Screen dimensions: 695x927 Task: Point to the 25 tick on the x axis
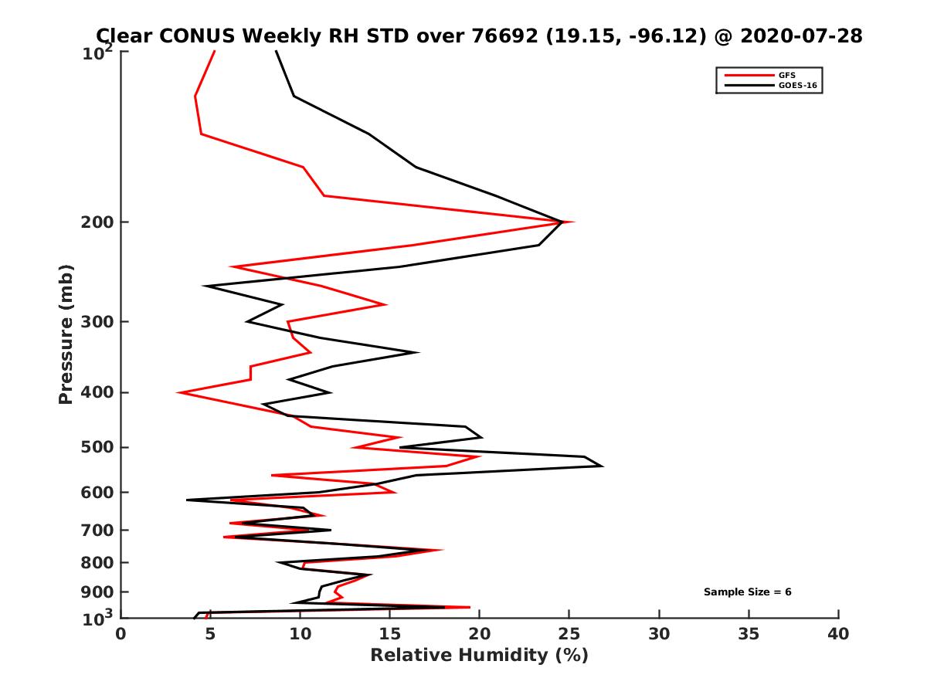[x=569, y=634]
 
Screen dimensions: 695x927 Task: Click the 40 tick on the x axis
[x=838, y=634]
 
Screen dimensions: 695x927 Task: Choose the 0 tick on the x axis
[x=121, y=634]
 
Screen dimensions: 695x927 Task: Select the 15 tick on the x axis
[x=390, y=634]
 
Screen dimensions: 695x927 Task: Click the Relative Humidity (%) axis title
[x=479, y=656]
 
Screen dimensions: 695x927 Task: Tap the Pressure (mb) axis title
[x=66, y=334]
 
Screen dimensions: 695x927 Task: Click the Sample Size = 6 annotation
[x=747, y=592]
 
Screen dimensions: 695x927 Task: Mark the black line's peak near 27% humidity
[x=602, y=466]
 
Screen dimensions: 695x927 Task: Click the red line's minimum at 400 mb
[x=178, y=393]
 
